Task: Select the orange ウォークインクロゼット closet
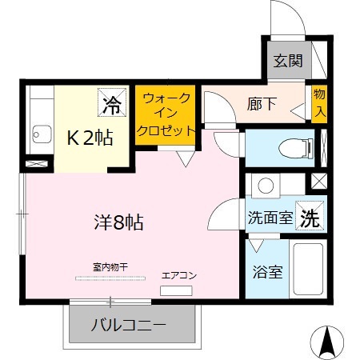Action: click(166, 114)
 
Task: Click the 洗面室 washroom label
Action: click(270, 217)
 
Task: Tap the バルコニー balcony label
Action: click(129, 325)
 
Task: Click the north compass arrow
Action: click(326, 342)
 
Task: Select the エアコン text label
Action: click(178, 275)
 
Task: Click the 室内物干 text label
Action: click(111, 266)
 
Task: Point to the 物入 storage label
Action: click(319, 103)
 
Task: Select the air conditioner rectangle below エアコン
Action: click(176, 290)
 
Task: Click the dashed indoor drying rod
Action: click(111, 278)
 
